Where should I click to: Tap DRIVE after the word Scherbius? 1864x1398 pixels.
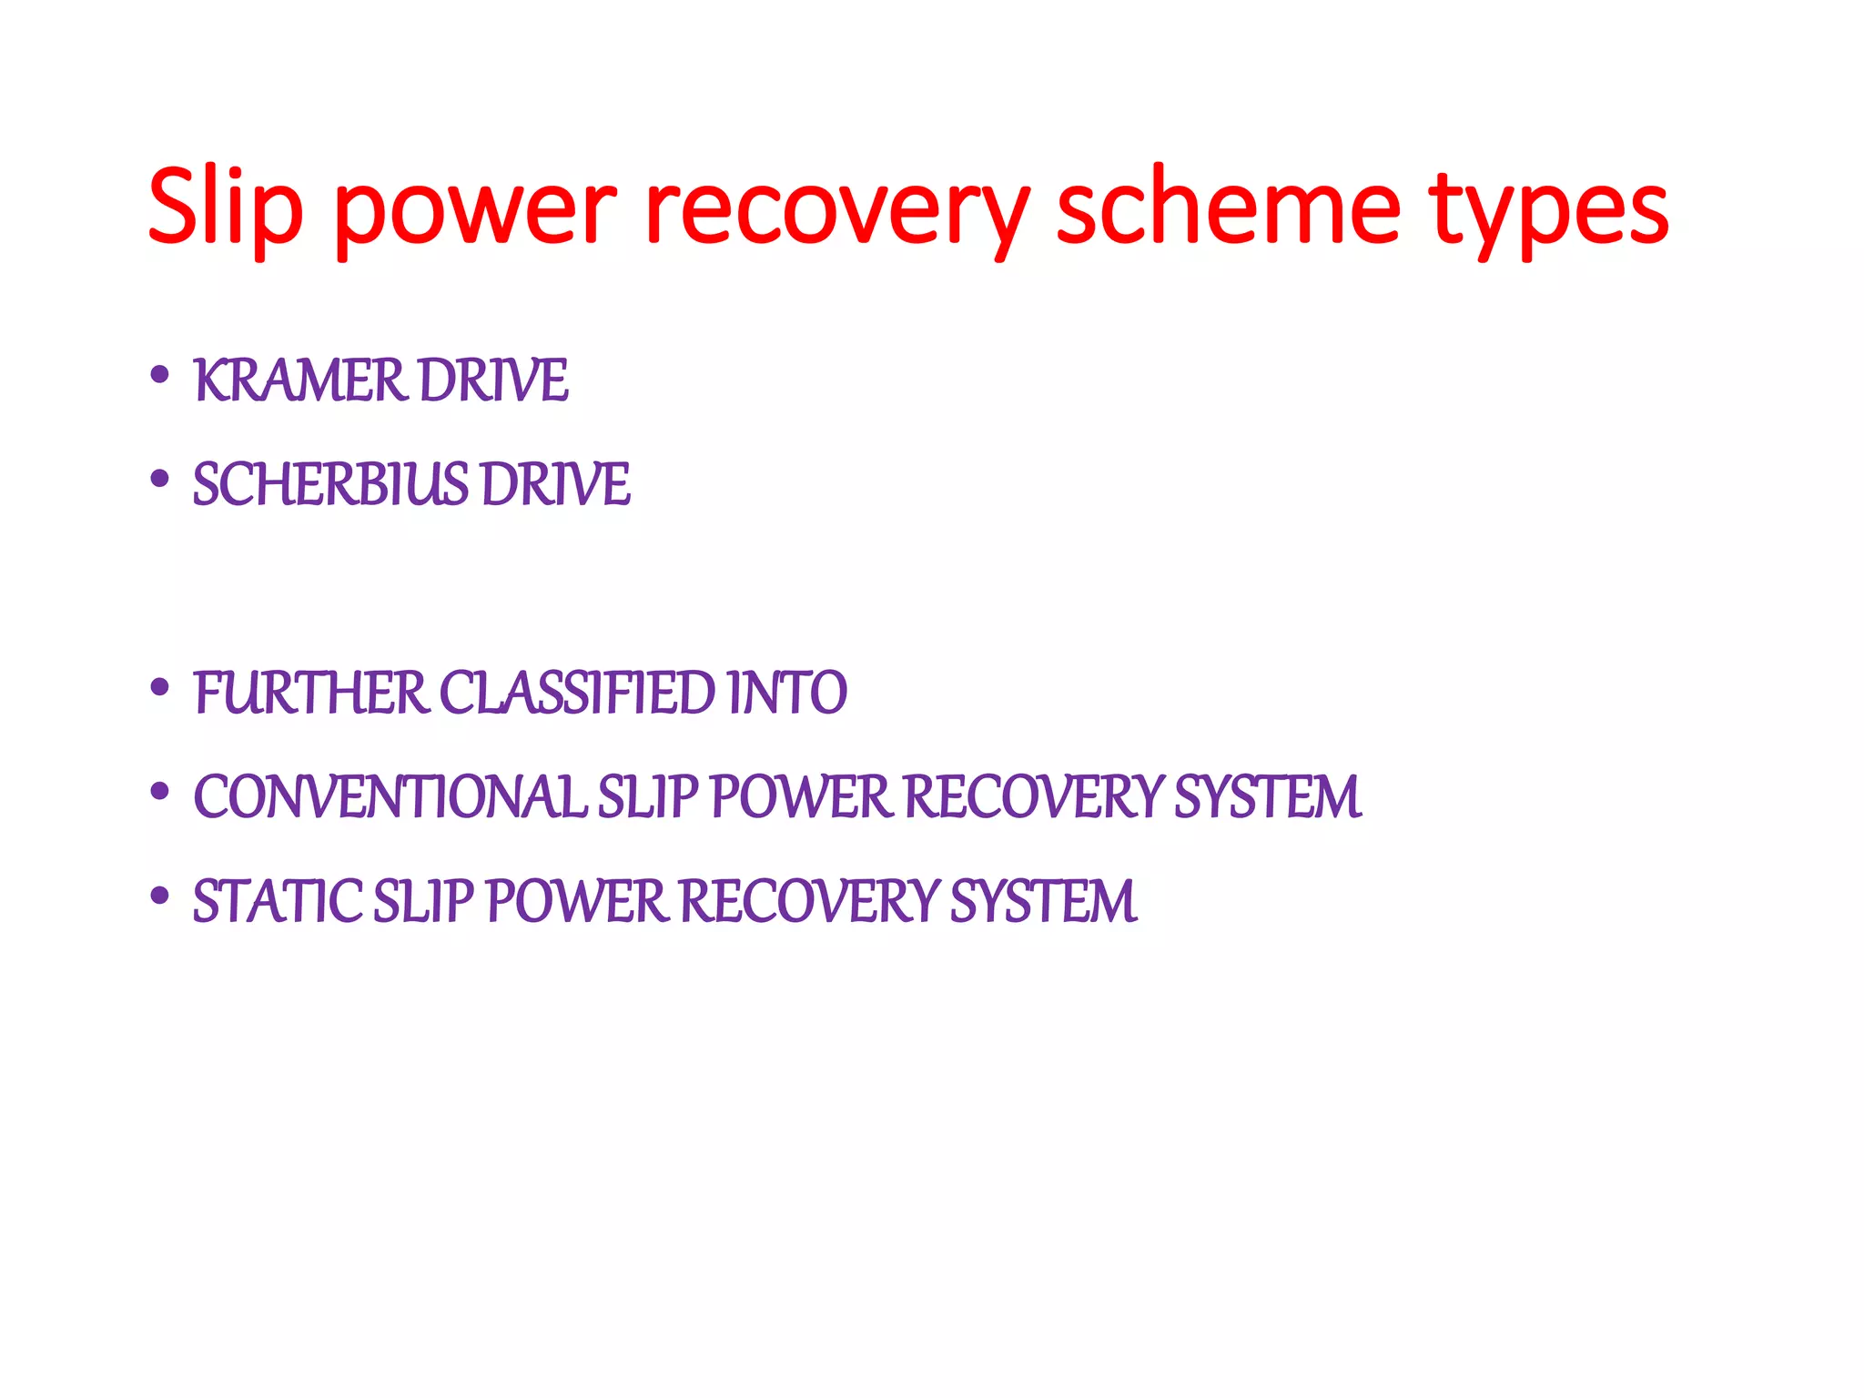(555, 484)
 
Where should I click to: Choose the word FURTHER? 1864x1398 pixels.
(310, 694)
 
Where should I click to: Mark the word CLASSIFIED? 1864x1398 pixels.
(578, 694)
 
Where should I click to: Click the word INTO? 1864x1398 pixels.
(787, 694)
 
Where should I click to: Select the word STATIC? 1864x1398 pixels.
(278, 902)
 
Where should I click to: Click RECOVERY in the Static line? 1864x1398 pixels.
(809, 902)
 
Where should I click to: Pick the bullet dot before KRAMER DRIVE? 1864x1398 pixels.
(160, 374)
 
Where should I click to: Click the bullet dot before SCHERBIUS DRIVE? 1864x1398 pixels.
(160, 478)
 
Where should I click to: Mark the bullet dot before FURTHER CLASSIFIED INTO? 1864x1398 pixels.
(160, 687)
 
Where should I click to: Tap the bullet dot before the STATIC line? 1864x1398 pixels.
(160, 896)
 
